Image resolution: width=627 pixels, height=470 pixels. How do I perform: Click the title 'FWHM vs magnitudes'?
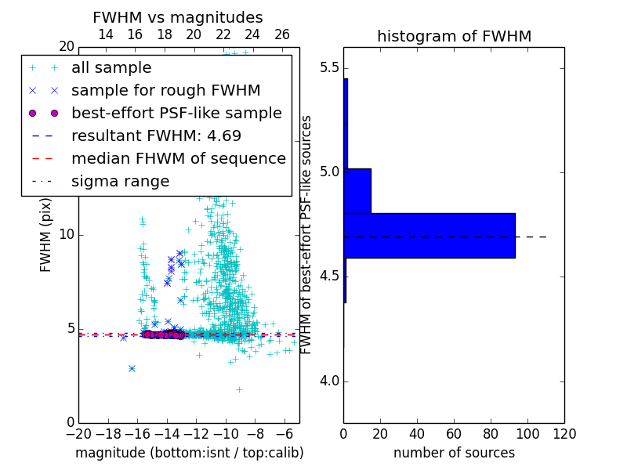178,17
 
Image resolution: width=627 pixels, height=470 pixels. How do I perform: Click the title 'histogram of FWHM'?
454,36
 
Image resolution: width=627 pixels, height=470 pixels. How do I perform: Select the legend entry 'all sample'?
111,68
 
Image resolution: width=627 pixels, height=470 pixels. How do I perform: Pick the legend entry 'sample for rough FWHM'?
165,91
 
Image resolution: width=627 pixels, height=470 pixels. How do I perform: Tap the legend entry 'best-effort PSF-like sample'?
176,113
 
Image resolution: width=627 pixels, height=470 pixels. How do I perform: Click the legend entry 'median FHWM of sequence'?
178,158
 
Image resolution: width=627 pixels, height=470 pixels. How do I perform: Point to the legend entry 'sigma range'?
120,182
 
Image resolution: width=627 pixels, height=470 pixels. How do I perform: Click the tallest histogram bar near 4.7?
429,235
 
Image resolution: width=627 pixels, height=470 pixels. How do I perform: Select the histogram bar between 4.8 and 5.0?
357,190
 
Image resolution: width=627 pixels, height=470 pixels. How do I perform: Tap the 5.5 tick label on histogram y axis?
330,67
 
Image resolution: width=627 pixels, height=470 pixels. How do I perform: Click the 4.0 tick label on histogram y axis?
330,381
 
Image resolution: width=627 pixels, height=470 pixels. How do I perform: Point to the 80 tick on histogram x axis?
491,432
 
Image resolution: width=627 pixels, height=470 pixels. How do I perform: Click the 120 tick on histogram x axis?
564,432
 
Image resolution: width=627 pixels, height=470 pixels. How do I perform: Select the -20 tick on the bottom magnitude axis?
78,432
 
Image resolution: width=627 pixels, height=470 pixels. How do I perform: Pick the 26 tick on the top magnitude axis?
282,34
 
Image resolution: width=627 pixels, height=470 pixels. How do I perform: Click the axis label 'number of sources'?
454,453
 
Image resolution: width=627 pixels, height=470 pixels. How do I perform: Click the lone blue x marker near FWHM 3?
132,367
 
